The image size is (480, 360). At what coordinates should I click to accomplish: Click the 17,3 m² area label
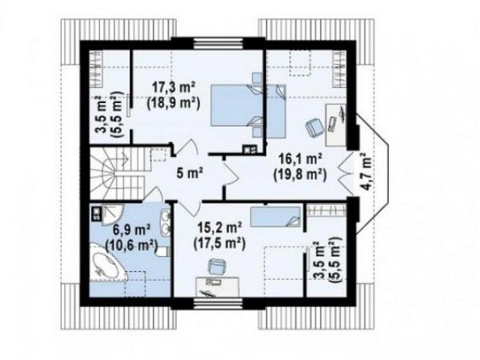coord(174,88)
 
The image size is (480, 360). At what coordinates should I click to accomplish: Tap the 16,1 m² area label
coord(300,160)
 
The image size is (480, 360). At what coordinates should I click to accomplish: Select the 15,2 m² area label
coord(220,228)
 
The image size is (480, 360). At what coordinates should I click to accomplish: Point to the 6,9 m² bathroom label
coord(132,230)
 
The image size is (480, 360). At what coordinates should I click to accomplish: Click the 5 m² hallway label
coord(190,174)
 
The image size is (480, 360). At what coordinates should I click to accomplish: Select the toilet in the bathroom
coord(163,252)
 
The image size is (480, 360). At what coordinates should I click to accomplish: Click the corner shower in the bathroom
coord(112,214)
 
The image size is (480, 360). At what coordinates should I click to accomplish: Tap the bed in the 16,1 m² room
coord(276,111)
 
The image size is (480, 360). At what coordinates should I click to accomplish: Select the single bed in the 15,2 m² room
coord(275,217)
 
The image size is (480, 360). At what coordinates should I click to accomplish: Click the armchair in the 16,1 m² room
coord(314,127)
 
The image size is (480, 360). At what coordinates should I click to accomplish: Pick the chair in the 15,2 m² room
coord(216,266)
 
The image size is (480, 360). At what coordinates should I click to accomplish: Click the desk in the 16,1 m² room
coord(336,125)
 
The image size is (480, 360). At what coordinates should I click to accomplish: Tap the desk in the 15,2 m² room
coord(218,287)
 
